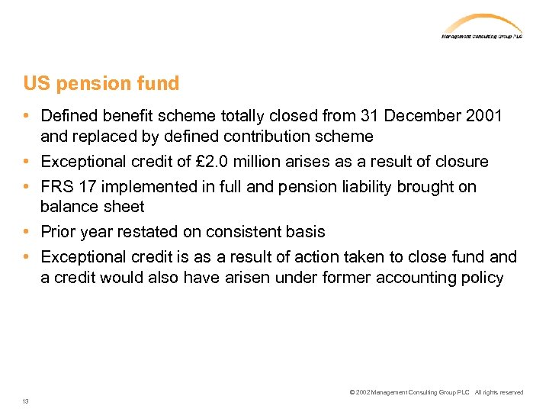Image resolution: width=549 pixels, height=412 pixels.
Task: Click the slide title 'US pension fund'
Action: tap(101, 83)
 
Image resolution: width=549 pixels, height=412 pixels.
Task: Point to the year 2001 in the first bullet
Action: tap(483, 116)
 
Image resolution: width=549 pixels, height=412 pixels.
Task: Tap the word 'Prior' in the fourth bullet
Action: tap(58, 232)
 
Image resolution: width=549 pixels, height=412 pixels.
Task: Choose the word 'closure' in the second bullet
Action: tap(462, 162)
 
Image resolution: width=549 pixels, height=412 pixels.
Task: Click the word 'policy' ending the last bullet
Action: tap(482, 278)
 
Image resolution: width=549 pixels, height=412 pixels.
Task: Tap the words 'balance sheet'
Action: tap(92, 207)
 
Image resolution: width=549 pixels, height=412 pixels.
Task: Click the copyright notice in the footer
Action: tap(436, 392)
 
